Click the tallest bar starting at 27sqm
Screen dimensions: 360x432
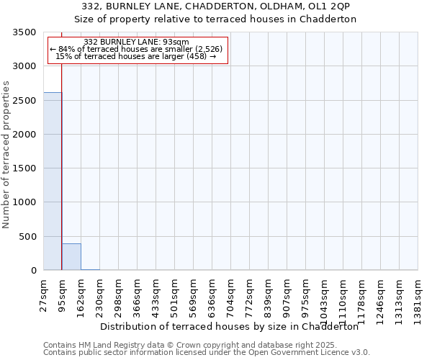(x=53, y=181)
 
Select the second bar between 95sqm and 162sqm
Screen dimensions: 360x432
(x=71, y=257)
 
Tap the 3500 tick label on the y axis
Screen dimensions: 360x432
(x=25, y=32)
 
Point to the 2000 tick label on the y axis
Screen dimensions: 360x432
(x=25, y=135)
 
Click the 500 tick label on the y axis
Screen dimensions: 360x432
(x=28, y=237)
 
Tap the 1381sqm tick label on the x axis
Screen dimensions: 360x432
(x=418, y=297)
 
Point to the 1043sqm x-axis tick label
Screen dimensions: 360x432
(x=324, y=297)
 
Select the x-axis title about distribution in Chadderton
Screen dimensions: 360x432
(x=229, y=326)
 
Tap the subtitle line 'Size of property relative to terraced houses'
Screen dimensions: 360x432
(x=217, y=19)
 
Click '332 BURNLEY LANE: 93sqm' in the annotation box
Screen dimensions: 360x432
(x=136, y=42)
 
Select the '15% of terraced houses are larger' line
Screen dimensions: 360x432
(x=136, y=56)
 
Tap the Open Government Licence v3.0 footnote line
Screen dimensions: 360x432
(x=206, y=353)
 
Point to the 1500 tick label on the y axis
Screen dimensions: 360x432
(x=25, y=168)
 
